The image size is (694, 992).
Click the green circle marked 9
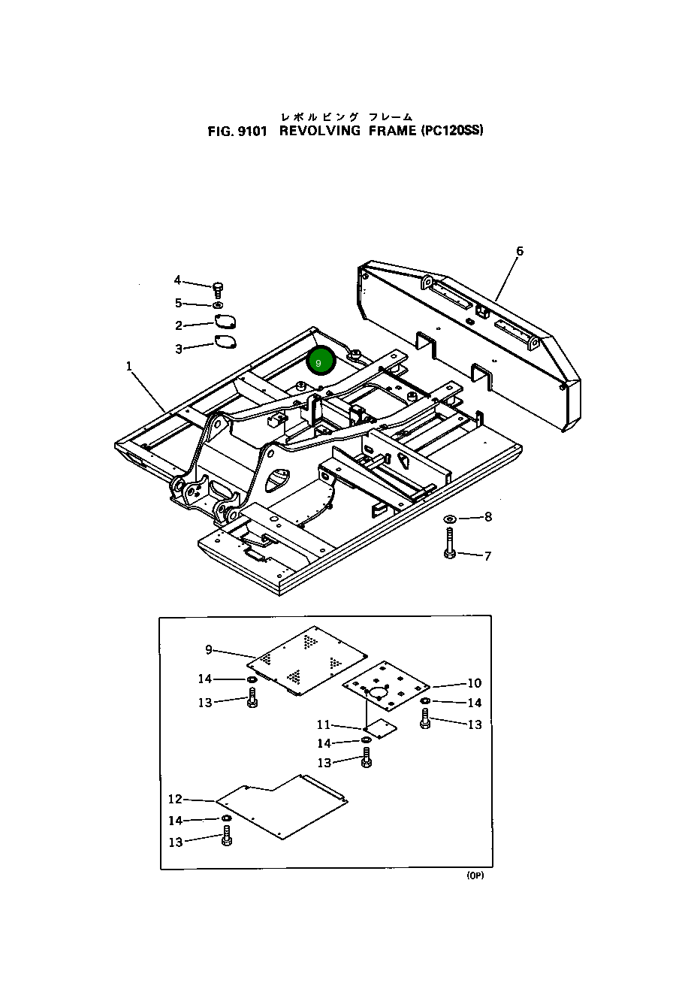[x=320, y=362]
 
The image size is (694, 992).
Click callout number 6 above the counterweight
[x=519, y=251]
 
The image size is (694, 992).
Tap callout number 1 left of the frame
[x=129, y=366]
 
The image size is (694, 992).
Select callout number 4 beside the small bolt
[x=177, y=280]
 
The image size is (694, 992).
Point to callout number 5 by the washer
[x=178, y=303]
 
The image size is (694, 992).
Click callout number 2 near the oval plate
[x=179, y=325]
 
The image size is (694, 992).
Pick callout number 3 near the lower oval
[x=179, y=349]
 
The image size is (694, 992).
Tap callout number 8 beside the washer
[x=488, y=516]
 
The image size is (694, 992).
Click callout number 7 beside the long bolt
[x=487, y=556]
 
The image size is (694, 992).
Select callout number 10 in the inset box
[x=474, y=683]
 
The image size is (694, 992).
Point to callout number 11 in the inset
[x=323, y=724]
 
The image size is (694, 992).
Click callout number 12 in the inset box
[x=175, y=799]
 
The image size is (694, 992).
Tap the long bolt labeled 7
[x=449, y=542]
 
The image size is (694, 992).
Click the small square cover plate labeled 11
[x=379, y=727]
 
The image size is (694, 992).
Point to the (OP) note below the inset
[x=475, y=876]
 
